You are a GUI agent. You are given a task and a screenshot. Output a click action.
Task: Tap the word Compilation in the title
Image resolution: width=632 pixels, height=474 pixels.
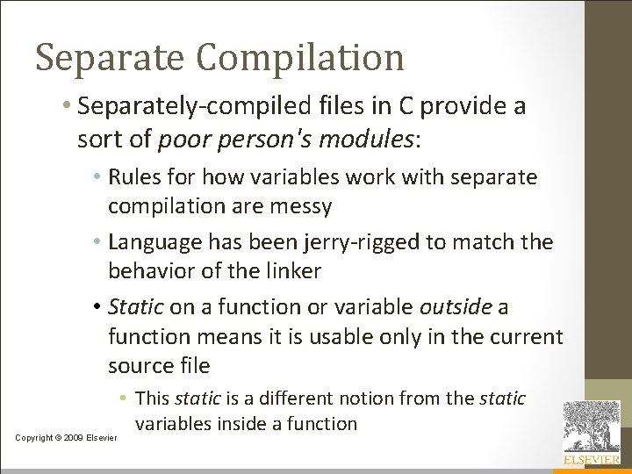[x=300, y=59]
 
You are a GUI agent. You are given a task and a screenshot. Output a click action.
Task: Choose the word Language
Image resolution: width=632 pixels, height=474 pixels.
[x=154, y=241]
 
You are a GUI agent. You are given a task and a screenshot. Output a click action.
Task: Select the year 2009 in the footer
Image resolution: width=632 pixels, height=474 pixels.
[x=75, y=437]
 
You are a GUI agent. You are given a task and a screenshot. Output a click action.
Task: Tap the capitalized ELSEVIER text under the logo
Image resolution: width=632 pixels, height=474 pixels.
[x=591, y=460]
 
